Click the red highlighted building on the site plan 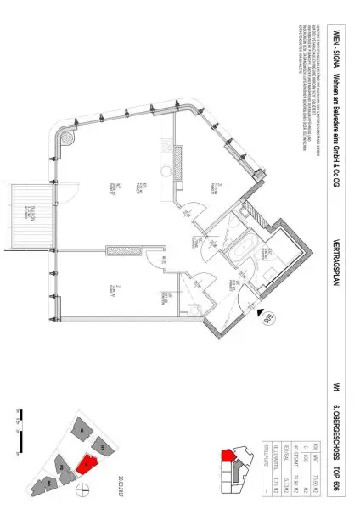click(x=86, y=464)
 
